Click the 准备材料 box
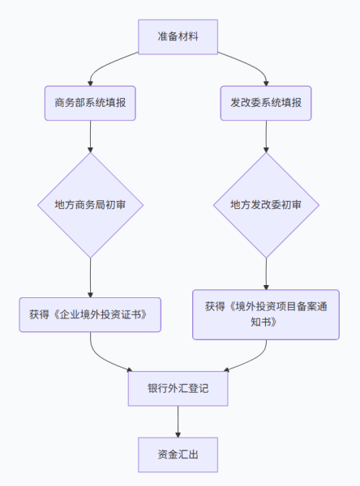(x=178, y=37)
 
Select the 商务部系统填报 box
(x=89, y=104)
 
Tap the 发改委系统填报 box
(x=266, y=104)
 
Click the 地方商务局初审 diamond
(x=89, y=205)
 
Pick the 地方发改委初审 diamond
(x=266, y=205)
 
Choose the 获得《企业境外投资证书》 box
(x=89, y=314)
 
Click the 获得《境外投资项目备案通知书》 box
(x=266, y=314)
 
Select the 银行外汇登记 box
(x=178, y=389)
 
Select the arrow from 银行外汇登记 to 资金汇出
(x=178, y=421)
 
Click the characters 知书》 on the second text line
(x=266, y=322)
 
